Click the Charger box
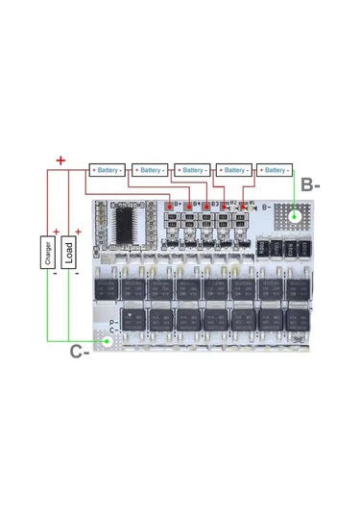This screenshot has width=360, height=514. pyautogui.click(x=49, y=254)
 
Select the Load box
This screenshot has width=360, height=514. pyautogui.click(x=69, y=254)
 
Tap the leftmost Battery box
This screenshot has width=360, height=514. pyautogui.click(x=108, y=170)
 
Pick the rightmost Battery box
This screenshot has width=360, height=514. pyautogui.click(x=276, y=170)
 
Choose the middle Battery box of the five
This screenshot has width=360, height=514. pyautogui.click(x=192, y=170)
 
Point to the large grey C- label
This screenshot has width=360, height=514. pyautogui.click(x=80, y=351)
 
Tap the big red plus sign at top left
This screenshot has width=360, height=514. pyautogui.click(x=60, y=160)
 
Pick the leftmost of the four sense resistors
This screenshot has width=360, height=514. pyautogui.click(x=263, y=247)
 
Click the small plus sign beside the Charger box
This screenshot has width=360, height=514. pyautogui.click(x=58, y=233)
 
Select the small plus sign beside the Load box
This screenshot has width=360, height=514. pyautogui.click(x=79, y=233)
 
